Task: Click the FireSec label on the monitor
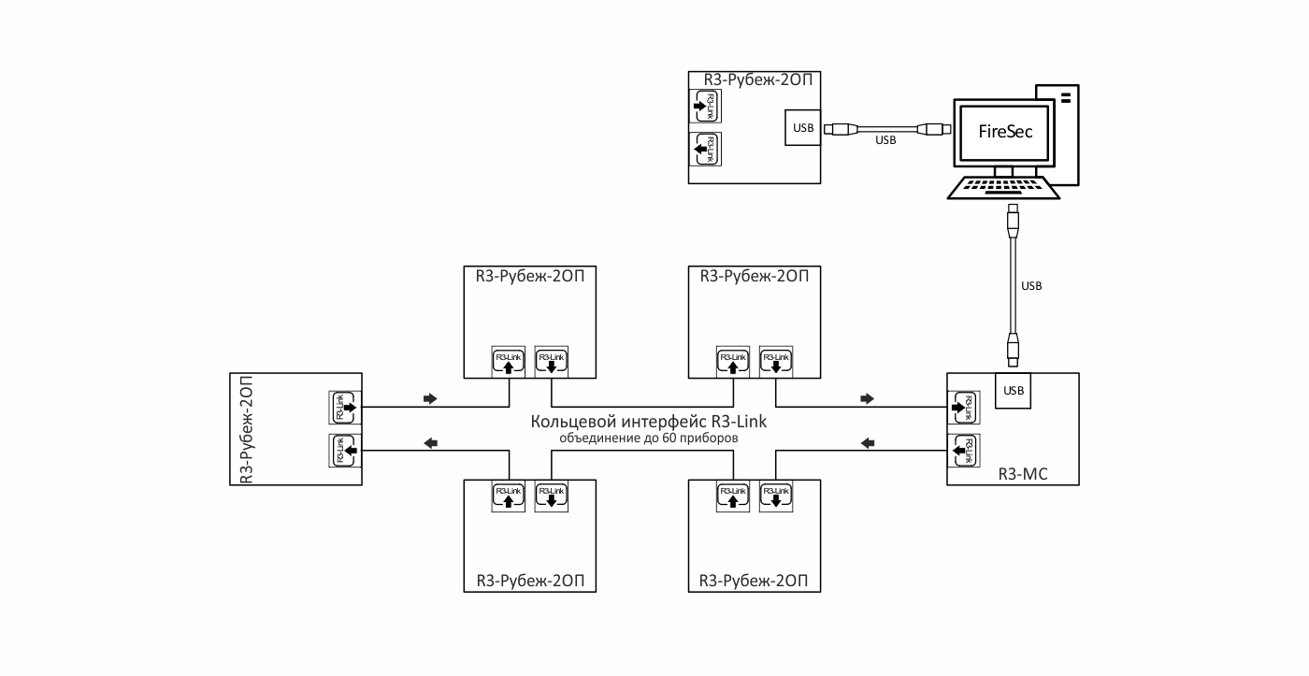(x=1005, y=132)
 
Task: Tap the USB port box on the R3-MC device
(x=1013, y=390)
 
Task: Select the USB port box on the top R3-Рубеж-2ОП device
(x=803, y=127)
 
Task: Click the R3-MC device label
(x=1023, y=474)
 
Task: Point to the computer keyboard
(x=1003, y=188)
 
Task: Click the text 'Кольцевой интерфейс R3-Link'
(x=649, y=422)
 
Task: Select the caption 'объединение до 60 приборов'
(x=649, y=439)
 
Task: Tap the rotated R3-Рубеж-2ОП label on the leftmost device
(x=247, y=429)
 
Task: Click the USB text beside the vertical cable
(x=1031, y=286)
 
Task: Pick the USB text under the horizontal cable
(x=885, y=140)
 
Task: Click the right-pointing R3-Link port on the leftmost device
(x=345, y=408)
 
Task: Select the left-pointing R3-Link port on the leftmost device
(x=345, y=451)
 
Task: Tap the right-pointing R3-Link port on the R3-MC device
(x=963, y=408)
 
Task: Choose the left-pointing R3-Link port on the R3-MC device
(x=963, y=451)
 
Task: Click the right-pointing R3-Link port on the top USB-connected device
(x=705, y=106)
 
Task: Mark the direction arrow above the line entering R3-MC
(x=868, y=398)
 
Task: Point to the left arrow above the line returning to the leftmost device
(x=431, y=443)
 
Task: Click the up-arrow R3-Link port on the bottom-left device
(x=509, y=496)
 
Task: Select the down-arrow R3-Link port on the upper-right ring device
(x=776, y=362)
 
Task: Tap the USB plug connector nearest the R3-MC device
(x=1013, y=350)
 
